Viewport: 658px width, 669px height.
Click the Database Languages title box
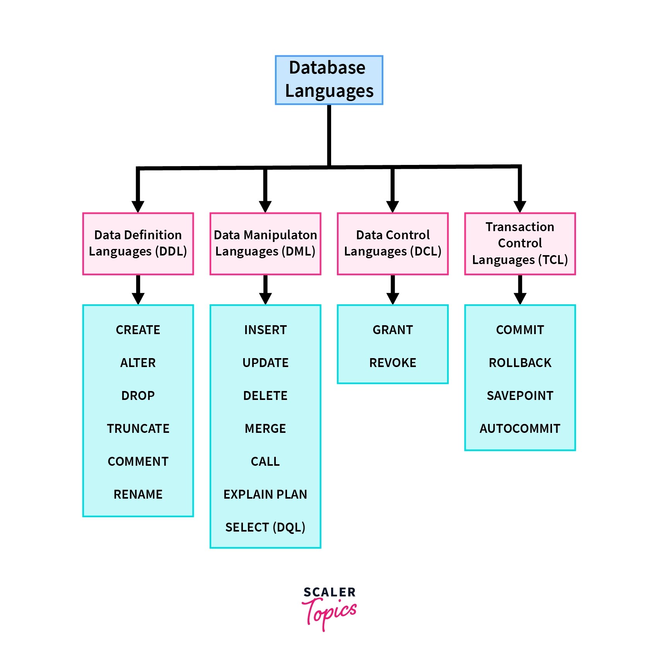tap(329, 80)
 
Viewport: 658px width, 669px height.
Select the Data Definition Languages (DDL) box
tap(138, 244)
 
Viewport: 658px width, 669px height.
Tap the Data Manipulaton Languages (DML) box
tap(265, 244)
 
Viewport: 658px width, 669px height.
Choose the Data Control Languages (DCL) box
tap(393, 244)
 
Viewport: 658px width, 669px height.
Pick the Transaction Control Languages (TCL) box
tap(520, 244)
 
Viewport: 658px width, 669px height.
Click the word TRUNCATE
tap(138, 429)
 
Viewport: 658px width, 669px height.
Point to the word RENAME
tap(138, 494)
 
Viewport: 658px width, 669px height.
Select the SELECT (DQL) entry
tap(265, 527)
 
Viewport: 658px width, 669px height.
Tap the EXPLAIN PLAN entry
tap(265, 494)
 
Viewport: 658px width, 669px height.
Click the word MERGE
tap(265, 429)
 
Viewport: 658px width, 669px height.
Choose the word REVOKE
tap(393, 363)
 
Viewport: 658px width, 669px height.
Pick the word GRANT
tap(393, 330)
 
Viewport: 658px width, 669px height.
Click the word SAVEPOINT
tap(520, 396)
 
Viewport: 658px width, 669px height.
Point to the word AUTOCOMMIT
tap(520, 429)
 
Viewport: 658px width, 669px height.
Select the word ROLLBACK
tap(520, 363)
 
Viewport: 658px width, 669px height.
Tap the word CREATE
tap(138, 330)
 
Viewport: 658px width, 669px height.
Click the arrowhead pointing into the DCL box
tap(393, 206)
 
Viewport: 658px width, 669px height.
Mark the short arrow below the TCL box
tap(520, 290)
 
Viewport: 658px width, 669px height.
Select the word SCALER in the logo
tap(329, 592)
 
